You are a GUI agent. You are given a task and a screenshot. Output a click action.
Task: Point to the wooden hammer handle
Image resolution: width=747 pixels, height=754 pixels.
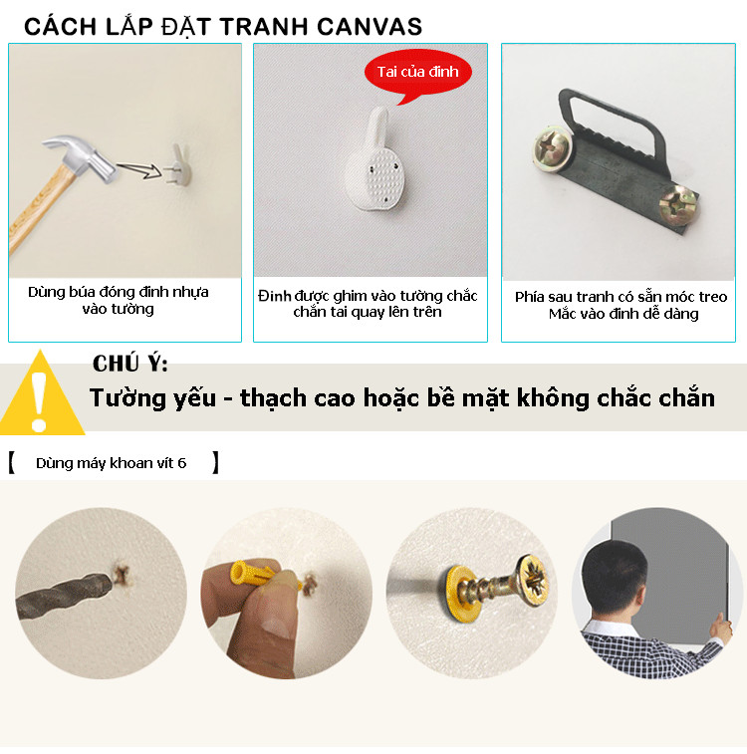[41, 207]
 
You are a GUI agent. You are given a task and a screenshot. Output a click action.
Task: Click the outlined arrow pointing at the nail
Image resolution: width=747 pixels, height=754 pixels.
[139, 169]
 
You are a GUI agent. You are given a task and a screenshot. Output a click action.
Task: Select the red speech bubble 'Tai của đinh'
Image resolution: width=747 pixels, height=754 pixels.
[417, 73]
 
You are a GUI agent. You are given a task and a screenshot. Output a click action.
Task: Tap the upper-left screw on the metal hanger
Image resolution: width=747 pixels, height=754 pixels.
[553, 146]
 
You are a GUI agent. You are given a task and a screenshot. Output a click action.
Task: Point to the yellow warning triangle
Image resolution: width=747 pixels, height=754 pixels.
[42, 394]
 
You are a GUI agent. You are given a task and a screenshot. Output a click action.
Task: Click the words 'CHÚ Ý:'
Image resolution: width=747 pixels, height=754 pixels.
[130, 364]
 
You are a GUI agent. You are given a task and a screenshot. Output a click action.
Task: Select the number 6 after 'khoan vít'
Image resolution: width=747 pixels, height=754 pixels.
[181, 463]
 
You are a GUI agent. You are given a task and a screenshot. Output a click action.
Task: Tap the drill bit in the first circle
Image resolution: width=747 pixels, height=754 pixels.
[63, 595]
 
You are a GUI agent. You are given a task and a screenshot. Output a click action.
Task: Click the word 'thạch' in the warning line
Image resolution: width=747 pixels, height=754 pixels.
[273, 398]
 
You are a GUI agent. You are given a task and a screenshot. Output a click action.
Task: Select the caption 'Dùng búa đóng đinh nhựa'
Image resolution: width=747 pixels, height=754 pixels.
[119, 292]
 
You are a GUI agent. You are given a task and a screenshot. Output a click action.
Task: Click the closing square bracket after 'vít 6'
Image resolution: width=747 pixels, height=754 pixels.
[216, 462]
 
